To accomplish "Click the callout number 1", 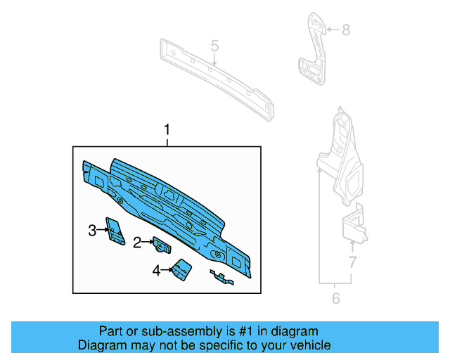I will (x=167, y=130).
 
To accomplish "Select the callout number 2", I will (x=137, y=243).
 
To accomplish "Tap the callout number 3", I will (x=92, y=230).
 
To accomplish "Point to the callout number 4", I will (x=157, y=269).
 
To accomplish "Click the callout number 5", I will (x=215, y=46).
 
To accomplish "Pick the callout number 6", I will (x=335, y=299).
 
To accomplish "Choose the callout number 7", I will (x=352, y=264).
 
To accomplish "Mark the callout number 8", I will (x=345, y=30).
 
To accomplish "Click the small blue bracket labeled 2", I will (x=163, y=245).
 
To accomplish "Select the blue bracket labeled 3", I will (x=112, y=229).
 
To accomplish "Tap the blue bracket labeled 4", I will (x=183, y=270).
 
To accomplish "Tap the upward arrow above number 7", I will (x=352, y=246).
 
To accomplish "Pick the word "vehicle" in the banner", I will (x=309, y=345).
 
